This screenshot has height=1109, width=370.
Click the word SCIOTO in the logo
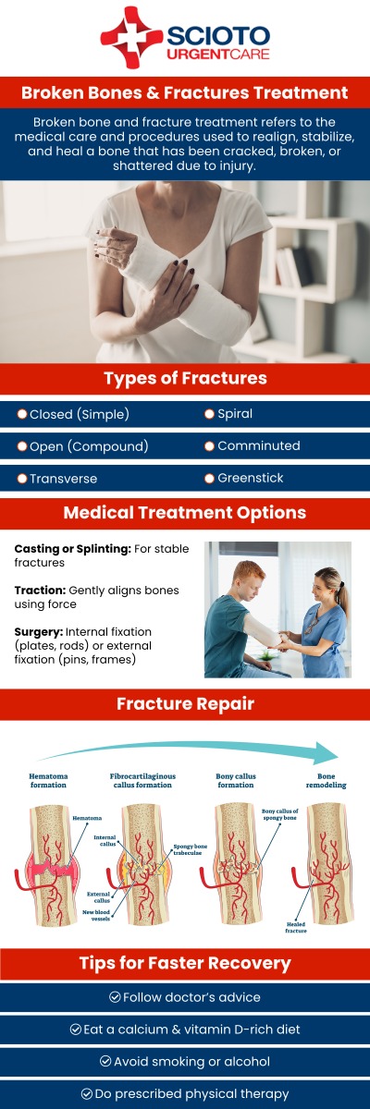click(218, 35)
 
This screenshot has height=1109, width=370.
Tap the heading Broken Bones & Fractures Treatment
click(185, 93)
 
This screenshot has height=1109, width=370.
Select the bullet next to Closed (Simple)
click(22, 414)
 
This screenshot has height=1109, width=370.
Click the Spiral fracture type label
click(235, 414)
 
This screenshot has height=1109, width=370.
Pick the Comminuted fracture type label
click(258, 445)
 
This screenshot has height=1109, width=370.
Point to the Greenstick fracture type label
click(250, 478)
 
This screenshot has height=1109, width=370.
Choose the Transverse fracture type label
click(63, 479)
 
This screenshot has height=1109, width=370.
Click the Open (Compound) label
click(89, 446)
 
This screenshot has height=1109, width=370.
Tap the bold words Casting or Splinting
click(72, 549)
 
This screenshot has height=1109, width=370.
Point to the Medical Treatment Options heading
click(185, 513)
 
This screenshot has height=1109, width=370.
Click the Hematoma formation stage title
click(48, 782)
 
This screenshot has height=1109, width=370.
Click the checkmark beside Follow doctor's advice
click(115, 997)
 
